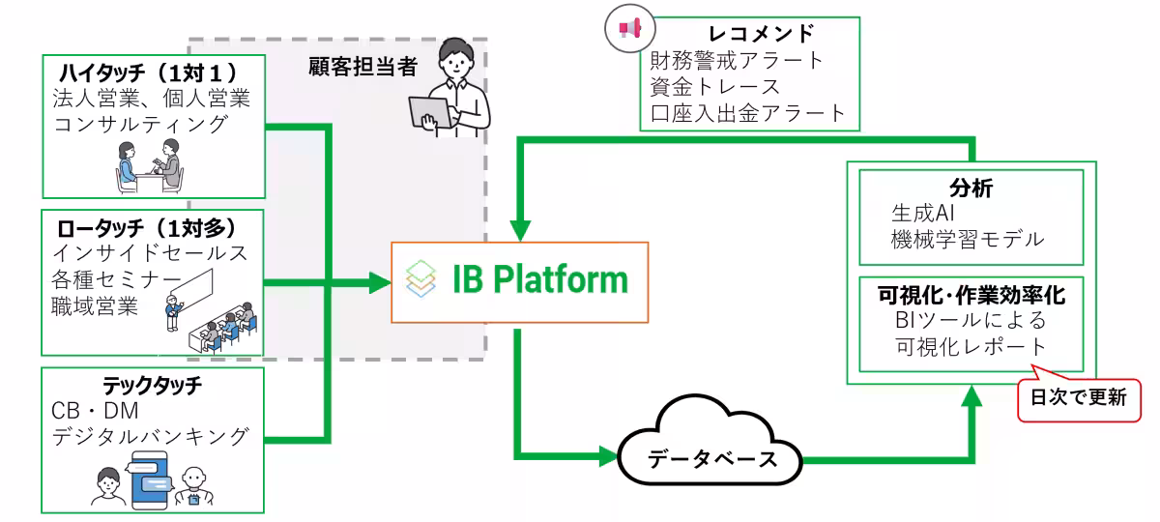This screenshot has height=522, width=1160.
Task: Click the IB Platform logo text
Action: [539, 279]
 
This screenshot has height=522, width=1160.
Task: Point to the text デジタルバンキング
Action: [156, 436]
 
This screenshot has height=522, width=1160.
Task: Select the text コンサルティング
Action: [140, 124]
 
